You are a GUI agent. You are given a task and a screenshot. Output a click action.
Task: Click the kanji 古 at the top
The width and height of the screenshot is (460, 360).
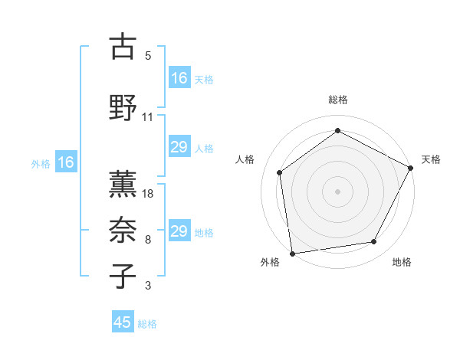click(122, 47)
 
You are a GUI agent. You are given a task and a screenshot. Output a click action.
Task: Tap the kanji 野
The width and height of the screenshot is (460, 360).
click(122, 108)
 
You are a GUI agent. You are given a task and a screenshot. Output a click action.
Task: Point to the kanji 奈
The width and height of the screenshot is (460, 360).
click(122, 230)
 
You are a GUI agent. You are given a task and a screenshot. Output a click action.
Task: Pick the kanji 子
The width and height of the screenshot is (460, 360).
click(122, 276)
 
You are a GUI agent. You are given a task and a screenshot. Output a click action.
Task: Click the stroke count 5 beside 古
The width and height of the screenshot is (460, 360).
click(148, 56)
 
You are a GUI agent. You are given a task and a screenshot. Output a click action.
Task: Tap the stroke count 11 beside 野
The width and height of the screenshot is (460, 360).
click(148, 117)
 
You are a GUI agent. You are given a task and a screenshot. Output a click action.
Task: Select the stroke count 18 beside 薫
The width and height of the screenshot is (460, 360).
click(149, 193)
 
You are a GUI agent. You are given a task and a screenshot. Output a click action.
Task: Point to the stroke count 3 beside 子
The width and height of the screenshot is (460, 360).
click(148, 286)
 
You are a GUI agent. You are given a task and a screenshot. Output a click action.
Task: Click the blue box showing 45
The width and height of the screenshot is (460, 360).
click(123, 322)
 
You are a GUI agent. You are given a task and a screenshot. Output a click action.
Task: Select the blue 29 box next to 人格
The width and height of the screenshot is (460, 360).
click(179, 147)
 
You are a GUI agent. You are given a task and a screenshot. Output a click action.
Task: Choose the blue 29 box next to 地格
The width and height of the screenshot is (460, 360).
click(179, 231)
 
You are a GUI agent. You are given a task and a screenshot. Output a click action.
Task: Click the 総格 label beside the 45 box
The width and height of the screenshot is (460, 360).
click(147, 324)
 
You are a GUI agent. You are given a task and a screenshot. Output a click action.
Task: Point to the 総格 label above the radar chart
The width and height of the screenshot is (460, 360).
click(338, 100)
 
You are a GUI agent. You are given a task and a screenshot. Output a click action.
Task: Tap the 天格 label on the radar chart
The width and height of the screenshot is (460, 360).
click(431, 159)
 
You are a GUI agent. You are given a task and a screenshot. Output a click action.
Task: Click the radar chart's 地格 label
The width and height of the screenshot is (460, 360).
click(402, 263)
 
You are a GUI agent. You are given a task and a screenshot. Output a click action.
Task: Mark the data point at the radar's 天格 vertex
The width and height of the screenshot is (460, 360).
click(412, 168)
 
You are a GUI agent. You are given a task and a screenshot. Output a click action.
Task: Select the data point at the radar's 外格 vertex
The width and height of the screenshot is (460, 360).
click(292, 253)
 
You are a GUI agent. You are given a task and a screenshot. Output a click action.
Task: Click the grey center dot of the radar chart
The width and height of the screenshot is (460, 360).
click(338, 191)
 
